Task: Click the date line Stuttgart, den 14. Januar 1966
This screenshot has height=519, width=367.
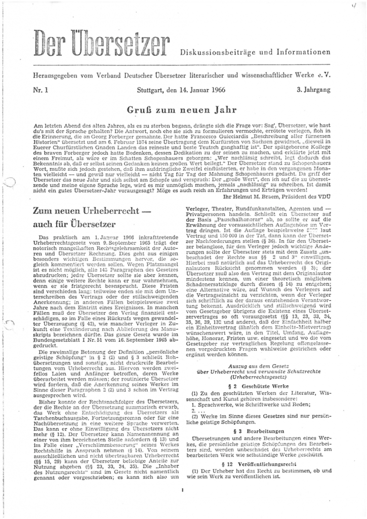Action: point(181,89)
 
